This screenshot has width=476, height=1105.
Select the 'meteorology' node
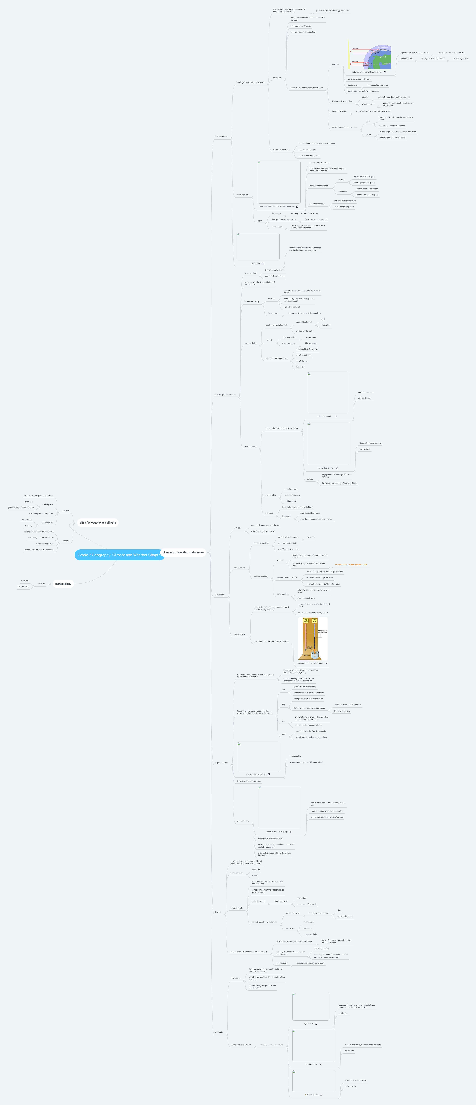click(x=63, y=583)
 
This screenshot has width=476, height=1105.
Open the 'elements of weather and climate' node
click(x=183, y=552)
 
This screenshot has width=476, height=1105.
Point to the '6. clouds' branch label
click(x=219, y=1032)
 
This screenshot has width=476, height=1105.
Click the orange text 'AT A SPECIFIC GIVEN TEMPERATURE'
click(x=351, y=564)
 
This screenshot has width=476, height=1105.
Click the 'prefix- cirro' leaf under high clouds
click(x=343, y=1013)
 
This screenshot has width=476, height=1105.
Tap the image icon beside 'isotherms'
click(x=263, y=263)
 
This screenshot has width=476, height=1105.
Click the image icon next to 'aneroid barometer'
click(x=337, y=468)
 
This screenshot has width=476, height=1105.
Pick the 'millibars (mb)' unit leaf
click(x=291, y=501)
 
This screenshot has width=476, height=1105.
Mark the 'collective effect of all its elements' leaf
click(x=39, y=550)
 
